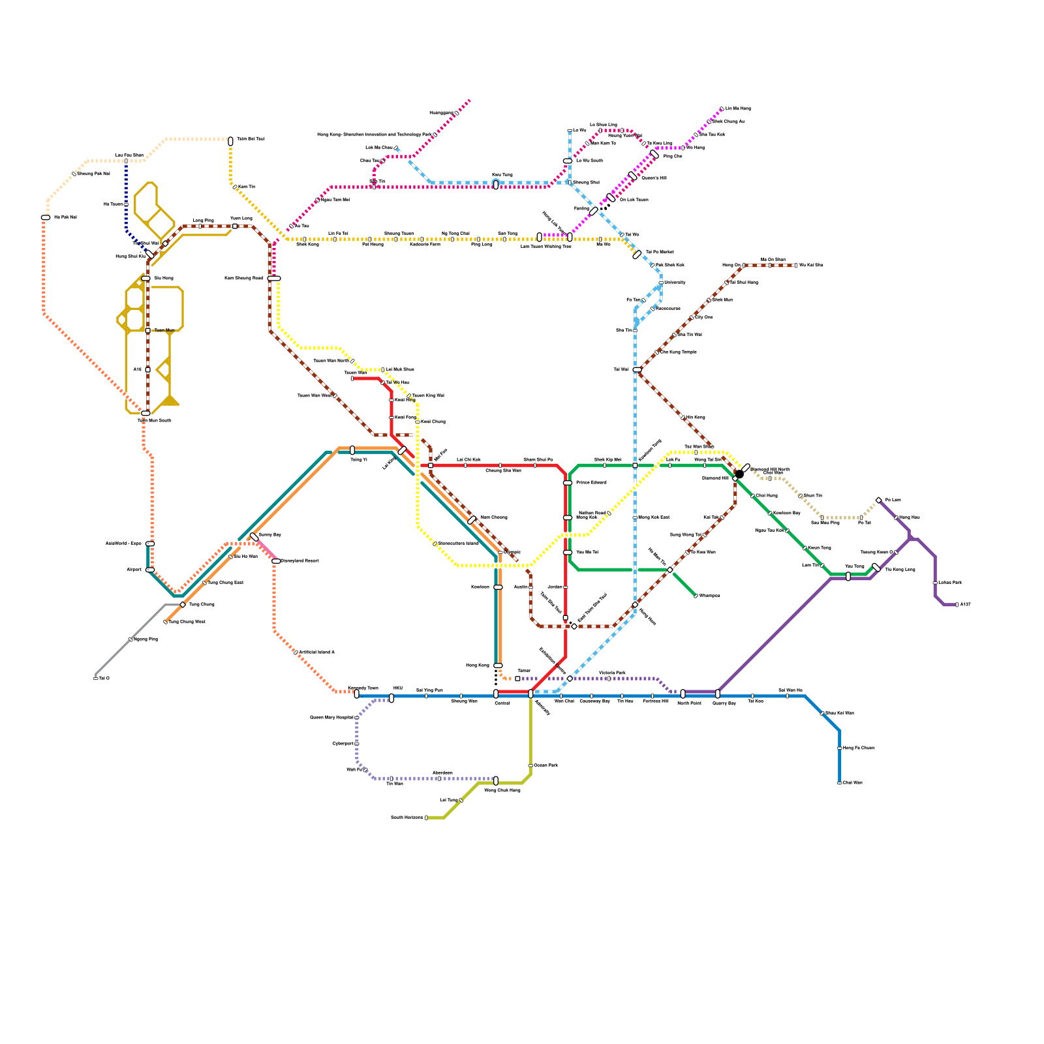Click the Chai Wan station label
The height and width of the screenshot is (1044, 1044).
pyautogui.click(x=852, y=782)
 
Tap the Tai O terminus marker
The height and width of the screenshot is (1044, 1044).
pyautogui.click(x=96, y=679)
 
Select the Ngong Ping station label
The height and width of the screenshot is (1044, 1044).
pyautogui.click(x=146, y=639)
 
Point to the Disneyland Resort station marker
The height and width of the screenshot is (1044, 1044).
pyautogui.click(x=276, y=561)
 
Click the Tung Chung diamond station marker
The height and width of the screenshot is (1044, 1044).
pyautogui.click(x=183, y=605)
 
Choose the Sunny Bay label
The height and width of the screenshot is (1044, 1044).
pyautogui.click(x=269, y=534)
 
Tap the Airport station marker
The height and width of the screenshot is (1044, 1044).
pyautogui.click(x=150, y=570)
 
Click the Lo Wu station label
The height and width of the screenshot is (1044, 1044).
pyautogui.click(x=579, y=130)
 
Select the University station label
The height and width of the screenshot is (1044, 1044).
pyautogui.click(x=675, y=283)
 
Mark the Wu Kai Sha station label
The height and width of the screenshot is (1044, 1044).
pyautogui.click(x=811, y=265)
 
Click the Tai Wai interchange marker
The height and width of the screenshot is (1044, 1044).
pyautogui.click(x=637, y=370)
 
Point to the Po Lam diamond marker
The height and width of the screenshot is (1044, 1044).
pyautogui.click(x=878, y=500)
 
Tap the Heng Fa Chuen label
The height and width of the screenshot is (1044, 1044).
pyautogui.click(x=858, y=748)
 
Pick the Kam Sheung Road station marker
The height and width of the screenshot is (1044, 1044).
pyautogui.click(x=274, y=279)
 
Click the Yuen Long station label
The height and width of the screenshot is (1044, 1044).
pyautogui.click(x=241, y=218)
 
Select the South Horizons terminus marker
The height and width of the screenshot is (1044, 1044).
pyautogui.click(x=426, y=818)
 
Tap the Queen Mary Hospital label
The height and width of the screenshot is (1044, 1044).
pyautogui.click(x=331, y=717)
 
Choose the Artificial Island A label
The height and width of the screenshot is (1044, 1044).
pyautogui.click(x=316, y=652)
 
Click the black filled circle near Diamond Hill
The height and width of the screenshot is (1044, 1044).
pyautogui.click(x=739, y=474)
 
